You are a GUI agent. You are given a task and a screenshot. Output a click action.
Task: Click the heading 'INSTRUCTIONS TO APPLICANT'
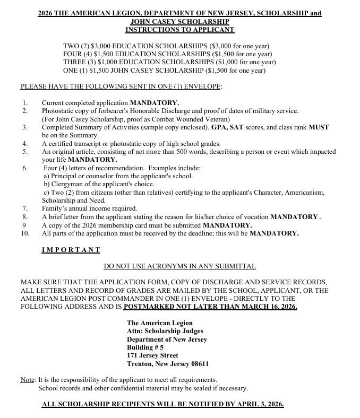(x=179, y=30)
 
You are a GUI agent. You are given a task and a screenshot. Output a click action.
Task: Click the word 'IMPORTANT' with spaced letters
(x=71, y=249)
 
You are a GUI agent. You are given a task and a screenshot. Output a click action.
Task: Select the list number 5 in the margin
(x=24, y=151)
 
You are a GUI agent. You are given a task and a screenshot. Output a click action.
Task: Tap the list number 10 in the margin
(x=25, y=233)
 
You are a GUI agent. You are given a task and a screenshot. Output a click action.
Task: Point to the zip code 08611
(x=199, y=364)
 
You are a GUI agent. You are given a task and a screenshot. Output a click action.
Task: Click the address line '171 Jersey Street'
(x=152, y=355)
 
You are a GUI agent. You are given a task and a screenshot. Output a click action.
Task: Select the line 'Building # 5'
(x=145, y=347)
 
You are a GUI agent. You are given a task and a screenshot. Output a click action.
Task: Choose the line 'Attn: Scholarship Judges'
(x=165, y=331)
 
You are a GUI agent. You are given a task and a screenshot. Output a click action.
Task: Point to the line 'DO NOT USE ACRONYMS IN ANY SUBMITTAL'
(x=179, y=266)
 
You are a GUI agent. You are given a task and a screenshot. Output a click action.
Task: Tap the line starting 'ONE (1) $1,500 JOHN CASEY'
(x=164, y=70)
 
